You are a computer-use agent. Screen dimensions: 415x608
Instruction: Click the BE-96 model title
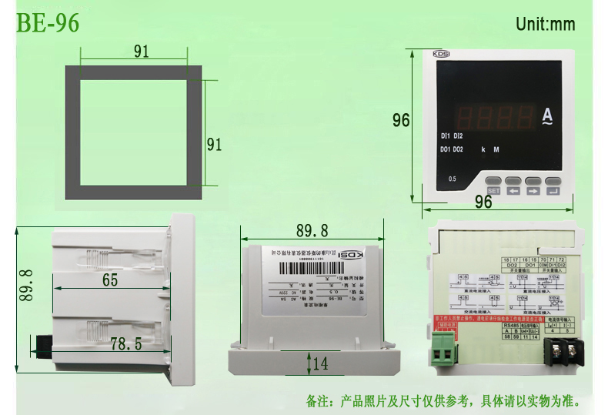(x=48, y=22)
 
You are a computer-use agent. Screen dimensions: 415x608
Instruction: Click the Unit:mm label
(x=545, y=24)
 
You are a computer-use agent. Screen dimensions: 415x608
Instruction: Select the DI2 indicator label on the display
(x=458, y=136)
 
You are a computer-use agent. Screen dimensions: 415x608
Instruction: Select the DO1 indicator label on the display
(x=445, y=149)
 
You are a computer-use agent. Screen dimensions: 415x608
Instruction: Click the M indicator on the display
(x=496, y=149)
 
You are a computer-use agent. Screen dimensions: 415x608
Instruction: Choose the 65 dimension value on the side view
(x=110, y=280)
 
